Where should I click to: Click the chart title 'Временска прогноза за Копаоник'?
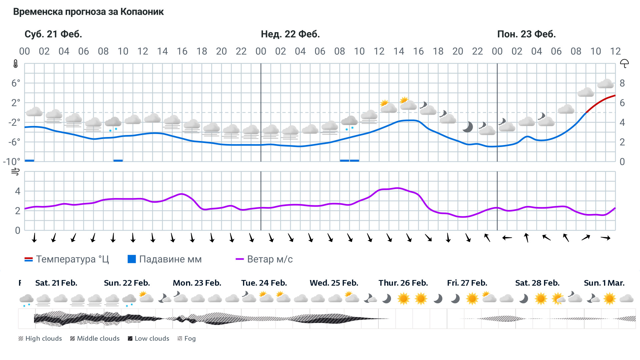(x=88, y=12)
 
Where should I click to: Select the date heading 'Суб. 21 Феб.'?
(x=53, y=34)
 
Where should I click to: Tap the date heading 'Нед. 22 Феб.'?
(x=290, y=34)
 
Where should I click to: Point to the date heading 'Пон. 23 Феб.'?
(x=526, y=34)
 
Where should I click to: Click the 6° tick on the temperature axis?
(x=16, y=83)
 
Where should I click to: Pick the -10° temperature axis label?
(x=12, y=162)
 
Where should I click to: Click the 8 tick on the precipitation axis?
(x=622, y=83)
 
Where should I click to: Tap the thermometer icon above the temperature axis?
(x=16, y=64)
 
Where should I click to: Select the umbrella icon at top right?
(x=624, y=63)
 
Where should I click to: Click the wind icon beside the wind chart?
(x=16, y=172)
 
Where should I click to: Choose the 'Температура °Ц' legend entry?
(x=67, y=259)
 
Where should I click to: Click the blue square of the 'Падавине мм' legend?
(x=132, y=259)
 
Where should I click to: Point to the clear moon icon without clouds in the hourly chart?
(x=468, y=127)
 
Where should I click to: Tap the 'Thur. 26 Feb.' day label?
(x=403, y=283)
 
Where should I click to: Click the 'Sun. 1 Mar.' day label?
(x=604, y=283)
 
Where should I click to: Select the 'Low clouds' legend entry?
(x=149, y=339)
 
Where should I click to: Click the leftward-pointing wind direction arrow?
(x=507, y=238)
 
